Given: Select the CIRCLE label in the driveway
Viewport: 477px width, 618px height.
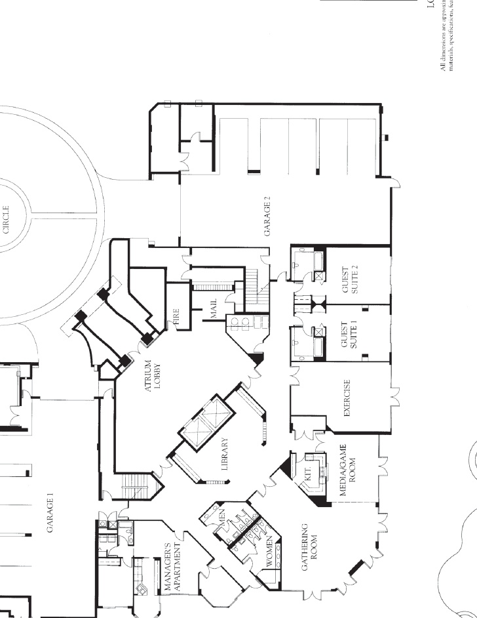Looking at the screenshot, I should [7, 220].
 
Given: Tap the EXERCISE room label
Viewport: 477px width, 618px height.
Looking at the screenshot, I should [348, 398].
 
